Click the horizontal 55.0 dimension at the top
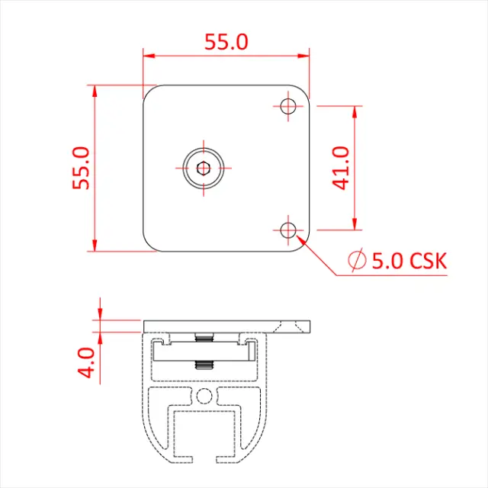coord(226,42)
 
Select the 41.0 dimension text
coord(341,168)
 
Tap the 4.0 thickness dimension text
coord(88,362)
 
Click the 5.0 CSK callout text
coord(409,261)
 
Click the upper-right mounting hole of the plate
coord(288,107)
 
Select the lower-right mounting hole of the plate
coord(288,230)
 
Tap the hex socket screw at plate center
coord(203,168)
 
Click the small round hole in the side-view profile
coord(204,395)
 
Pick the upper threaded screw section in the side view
coord(203,338)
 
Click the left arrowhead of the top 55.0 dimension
coord(148,56)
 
